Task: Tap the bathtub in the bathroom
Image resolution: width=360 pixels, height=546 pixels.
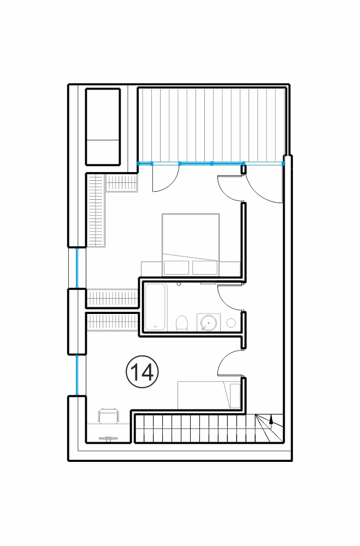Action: pyautogui.click(x=156, y=307)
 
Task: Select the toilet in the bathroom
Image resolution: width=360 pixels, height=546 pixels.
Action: pyautogui.click(x=182, y=323)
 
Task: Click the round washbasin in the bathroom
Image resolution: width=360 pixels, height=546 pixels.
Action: pyautogui.click(x=209, y=323)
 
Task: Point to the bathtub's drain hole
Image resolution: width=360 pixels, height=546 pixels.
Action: pyautogui.click(x=155, y=327)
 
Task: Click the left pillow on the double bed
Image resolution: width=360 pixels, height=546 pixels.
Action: pyautogui.click(x=177, y=268)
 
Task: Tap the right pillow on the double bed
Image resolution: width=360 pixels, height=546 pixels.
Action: pyautogui.click(x=205, y=268)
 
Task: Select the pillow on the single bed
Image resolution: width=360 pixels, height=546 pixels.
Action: pyautogui.click(x=235, y=396)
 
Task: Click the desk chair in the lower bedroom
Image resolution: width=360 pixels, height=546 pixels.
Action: pyautogui.click(x=109, y=416)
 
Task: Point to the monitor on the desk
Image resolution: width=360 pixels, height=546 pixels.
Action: pyautogui.click(x=108, y=438)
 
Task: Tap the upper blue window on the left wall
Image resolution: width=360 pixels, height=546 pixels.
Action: pyautogui.click(x=77, y=268)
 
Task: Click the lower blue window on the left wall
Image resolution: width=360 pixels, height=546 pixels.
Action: pyautogui.click(x=77, y=375)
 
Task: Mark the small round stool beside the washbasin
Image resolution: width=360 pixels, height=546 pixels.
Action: pyautogui.click(x=231, y=323)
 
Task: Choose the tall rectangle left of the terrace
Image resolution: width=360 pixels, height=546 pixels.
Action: pyautogui.click(x=103, y=127)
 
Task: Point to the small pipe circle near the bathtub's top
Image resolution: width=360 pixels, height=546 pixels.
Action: pyautogui.click(x=179, y=284)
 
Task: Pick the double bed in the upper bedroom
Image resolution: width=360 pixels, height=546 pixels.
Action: pyautogui.click(x=191, y=245)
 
